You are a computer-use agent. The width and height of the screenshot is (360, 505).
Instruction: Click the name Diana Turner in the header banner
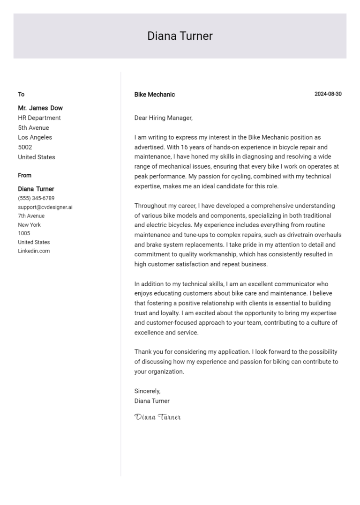tap(180, 36)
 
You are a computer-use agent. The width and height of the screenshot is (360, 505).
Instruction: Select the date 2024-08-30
tap(328, 94)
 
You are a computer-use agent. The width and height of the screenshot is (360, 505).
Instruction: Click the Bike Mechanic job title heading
tap(154, 95)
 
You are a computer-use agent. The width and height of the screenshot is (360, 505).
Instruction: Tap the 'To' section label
tap(21, 94)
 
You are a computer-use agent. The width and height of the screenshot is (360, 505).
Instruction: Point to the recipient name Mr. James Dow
tap(40, 108)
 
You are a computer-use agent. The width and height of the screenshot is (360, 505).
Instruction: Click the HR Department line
tap(39, 118)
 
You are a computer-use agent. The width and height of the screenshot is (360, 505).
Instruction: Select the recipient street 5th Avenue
tap(33, 127)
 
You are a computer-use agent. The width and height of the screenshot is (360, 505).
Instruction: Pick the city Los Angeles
tap(35, 137)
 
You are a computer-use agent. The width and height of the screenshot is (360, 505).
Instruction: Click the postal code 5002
tap(25, 147)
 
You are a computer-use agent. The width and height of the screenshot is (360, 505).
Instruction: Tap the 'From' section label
tap(25, 175)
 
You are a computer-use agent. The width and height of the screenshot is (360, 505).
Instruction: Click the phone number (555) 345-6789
tap(36, 198)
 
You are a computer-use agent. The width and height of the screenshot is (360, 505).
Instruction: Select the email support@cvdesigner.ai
tap(45, 207)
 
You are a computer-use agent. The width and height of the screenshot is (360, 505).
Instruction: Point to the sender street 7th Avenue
tap(31, 216)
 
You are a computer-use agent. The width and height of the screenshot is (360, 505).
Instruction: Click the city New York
tap(30, 225)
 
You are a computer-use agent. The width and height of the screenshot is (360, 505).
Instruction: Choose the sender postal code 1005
tap(24, 233)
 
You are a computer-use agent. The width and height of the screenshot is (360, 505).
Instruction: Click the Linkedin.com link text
tap(34, 251)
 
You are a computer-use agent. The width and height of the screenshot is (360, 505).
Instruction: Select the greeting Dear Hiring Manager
tap(163, 118)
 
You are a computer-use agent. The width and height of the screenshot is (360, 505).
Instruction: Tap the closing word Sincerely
tap(147, 391)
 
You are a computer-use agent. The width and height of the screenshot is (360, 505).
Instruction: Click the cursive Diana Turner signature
tap(157, 417)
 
